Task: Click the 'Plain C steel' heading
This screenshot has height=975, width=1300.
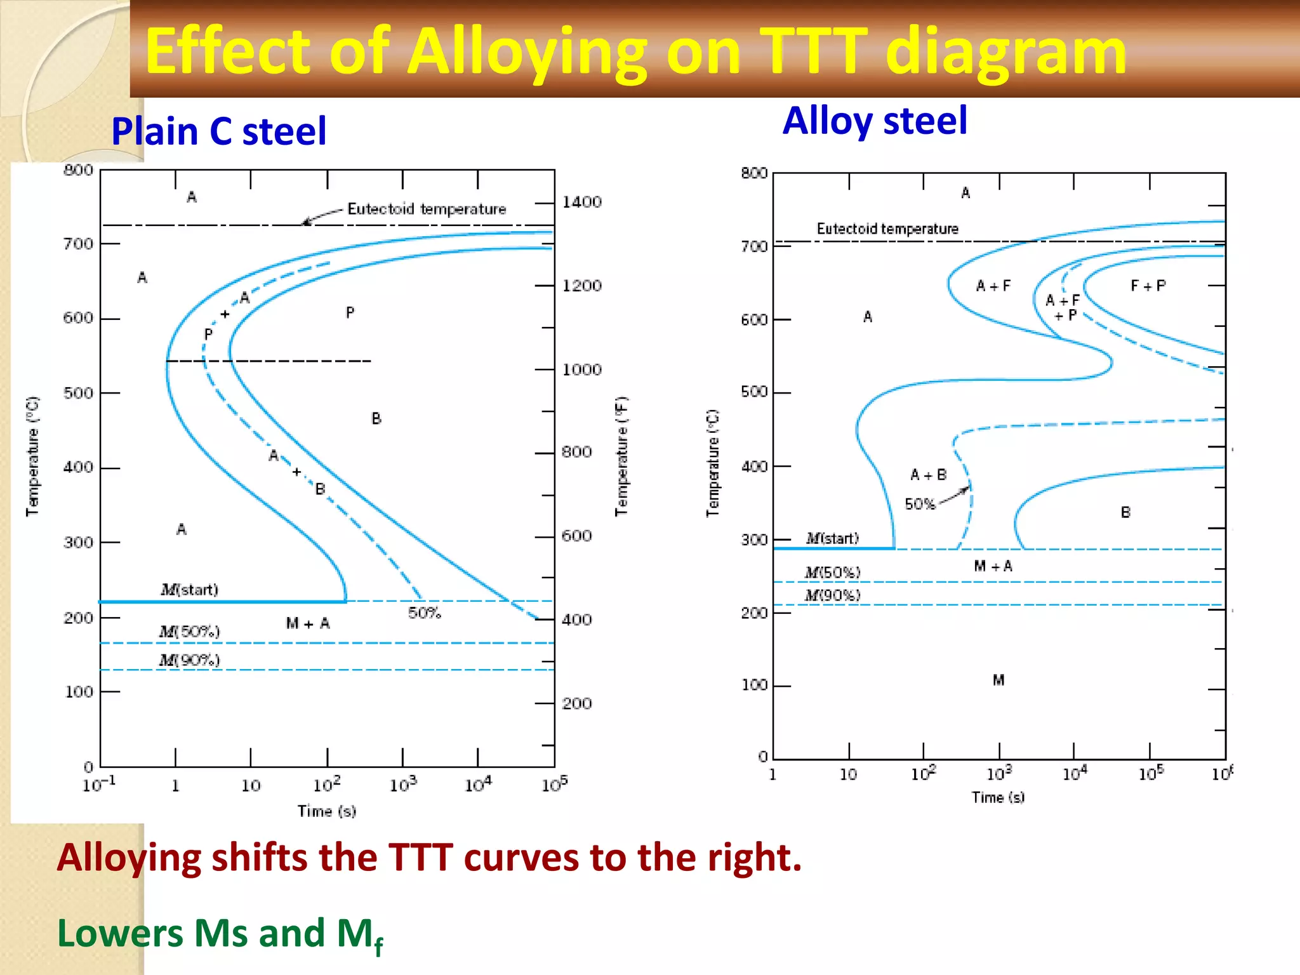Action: (x=218, y=131)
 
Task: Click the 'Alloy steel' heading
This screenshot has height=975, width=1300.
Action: (x=875, y=121)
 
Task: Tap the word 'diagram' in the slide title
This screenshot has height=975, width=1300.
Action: (x=1005, y=52)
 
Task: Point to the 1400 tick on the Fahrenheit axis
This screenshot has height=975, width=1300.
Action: (x=581, y=202)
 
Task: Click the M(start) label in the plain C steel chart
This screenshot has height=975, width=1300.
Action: (x=189, y=590)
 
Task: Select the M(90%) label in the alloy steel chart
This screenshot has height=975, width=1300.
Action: (x=832, y=595)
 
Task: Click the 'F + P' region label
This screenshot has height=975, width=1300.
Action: (x=1148, y=286)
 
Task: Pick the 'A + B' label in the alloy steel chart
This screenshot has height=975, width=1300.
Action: (x=928, y=475)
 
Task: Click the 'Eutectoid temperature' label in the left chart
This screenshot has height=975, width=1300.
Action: (x=427, y=209)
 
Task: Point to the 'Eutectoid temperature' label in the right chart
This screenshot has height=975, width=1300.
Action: (x=887, y=229)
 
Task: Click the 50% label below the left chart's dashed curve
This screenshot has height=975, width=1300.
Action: (x=424, y=613)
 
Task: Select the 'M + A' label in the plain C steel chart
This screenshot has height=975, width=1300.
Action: (x=308, y=624)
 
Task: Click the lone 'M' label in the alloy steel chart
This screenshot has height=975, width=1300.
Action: (x=998, y=680)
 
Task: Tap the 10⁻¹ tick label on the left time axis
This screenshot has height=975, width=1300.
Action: (x=99, y=785)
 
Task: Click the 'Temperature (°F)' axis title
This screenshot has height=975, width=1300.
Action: (x=621, y=456)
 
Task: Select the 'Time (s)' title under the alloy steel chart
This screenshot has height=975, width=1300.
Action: (x=998, y=798)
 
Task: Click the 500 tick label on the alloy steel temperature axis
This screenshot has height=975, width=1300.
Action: (x=754, y=392)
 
